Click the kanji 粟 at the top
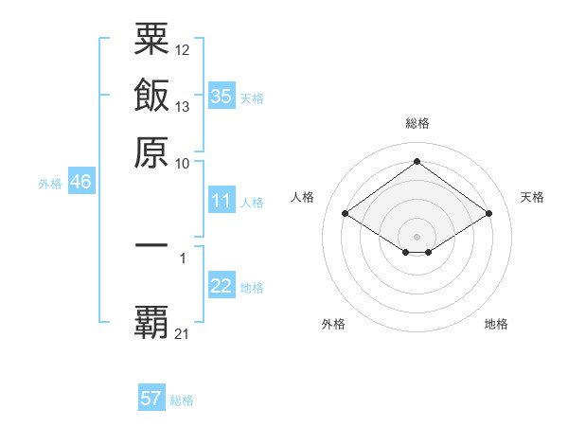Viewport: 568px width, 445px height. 151,41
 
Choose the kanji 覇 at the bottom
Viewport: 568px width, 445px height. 151,322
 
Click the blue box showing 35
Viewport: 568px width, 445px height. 222,96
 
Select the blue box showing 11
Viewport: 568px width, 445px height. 222,201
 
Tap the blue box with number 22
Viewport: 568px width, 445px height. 222,287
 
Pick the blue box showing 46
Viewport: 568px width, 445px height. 80,183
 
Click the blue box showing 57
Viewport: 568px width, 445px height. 151,399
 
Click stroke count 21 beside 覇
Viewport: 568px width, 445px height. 183,333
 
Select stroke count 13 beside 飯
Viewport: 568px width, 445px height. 183,106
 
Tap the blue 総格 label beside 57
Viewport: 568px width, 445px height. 182,400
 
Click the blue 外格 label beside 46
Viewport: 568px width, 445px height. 50,184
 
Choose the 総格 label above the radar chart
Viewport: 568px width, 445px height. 417,123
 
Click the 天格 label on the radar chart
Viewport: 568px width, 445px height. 532,197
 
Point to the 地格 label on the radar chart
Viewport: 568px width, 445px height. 496,324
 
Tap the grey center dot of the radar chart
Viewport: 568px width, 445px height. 417,236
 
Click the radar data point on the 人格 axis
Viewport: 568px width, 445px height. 346,214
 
